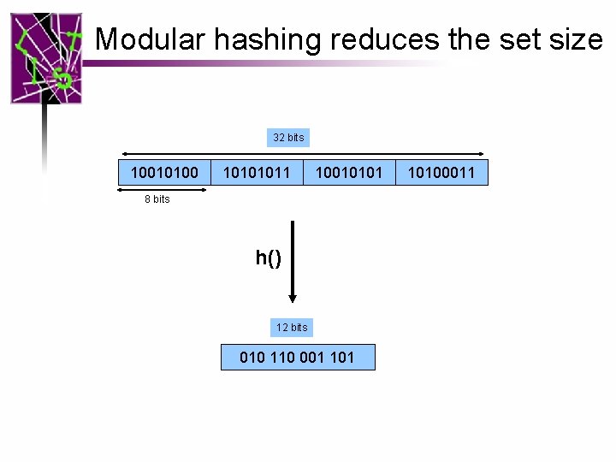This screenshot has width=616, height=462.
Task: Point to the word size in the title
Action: pyautogui.click(x=577, y=39)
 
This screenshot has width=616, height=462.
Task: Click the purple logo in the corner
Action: pyautogui.click(x=46, y=58)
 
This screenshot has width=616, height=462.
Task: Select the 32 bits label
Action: pyautogui.click(x=288, y=137)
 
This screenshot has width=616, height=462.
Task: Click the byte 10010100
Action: pyautogui.click(x=164, y=173)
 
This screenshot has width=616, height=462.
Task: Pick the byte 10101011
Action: pyautogui.click(x=257, y=173)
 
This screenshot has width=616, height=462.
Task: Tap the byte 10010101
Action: pyautogui.click(x=349, y=173)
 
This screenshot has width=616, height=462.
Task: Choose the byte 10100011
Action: pyautogui.click(x=441, y=173)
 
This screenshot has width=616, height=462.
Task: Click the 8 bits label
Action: pyautogui.click(x=157, y=199)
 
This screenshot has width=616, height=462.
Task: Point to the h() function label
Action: pyautogui.click(x=268, y=258)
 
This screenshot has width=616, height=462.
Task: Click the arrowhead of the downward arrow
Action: pyautogui.click(x=293, y=297)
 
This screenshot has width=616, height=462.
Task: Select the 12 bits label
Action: pyautogui.click(x=292, y=328)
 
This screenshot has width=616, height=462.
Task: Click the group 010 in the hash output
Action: pyautogui.click(x=252, y=358)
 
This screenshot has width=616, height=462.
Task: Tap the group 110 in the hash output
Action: pyautogui.click(x=282, y=358)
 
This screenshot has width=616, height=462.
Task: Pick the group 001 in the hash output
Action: pyautogui.click(x=312, y=358)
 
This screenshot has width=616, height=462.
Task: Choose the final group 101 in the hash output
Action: pyautogui.click(x=341, y=358)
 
